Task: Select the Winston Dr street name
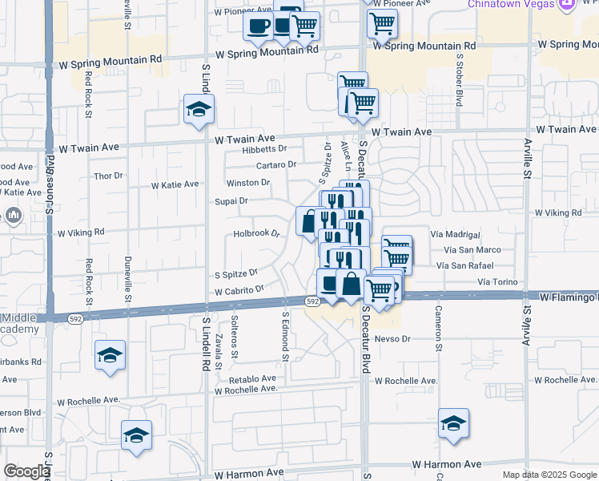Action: tap(247, 183)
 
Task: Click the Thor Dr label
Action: tap(109, 176)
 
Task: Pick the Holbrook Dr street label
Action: tap(256, 234)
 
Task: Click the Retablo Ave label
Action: tap(252, 378)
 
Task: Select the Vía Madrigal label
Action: tap(455, 235)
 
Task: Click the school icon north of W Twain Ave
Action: tap(198, 110)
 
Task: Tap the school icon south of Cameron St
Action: tap(453, 423)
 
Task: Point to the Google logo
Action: tap(26, 471)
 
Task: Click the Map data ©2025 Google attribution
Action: tap(549, 475)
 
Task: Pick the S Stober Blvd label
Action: tap(460, 80)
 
